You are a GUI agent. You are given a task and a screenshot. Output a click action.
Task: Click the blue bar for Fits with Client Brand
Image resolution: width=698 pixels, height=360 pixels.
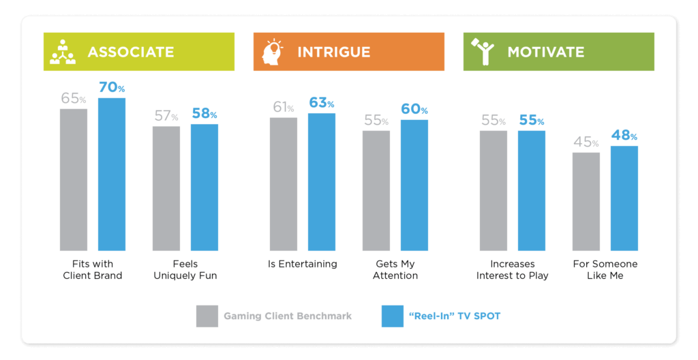click(x=112, y=175)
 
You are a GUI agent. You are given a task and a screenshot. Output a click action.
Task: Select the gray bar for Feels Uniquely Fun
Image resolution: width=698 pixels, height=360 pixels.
click(x=166, y=188)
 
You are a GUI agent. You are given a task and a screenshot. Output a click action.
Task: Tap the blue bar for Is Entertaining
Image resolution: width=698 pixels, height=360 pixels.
click(x=322, y=182)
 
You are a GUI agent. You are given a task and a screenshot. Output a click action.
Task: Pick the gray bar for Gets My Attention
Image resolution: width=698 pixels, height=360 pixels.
click(x=376, y=191)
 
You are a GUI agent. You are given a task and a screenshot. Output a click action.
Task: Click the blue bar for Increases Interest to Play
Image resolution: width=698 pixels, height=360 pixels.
click(x=532, y=191)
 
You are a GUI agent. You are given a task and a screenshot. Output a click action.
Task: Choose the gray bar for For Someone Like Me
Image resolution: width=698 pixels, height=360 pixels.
click(x=586, y=201)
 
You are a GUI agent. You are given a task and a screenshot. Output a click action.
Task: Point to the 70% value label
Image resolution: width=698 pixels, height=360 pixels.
click(x=112, y=87)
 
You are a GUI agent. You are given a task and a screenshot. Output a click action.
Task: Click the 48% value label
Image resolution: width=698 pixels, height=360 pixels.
click(x=624, y=135)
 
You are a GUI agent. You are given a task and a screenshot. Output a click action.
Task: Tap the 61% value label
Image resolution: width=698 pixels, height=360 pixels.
click(x=284, y=107)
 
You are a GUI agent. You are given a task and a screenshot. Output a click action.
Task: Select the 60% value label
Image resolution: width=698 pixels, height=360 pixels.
click(x=414, y=108)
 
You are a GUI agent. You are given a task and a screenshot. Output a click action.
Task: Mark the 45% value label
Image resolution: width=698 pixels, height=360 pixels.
click(x=586, y=142)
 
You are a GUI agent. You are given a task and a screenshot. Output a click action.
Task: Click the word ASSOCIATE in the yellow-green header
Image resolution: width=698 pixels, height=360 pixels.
click(x=131, y=52)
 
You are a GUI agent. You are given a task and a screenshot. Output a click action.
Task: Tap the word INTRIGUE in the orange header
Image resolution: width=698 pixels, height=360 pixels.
click(x=334, y=52)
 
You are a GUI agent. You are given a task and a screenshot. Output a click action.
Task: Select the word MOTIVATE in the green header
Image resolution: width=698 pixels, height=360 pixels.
click(x=546, y=52)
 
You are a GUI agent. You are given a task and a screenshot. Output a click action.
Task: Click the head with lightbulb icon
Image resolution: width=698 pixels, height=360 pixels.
click(x=273, y=52)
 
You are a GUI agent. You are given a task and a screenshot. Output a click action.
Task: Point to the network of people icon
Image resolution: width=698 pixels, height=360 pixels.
click(x=63, y=52)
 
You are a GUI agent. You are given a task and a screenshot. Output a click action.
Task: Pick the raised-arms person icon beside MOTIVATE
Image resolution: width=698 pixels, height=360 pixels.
click(x=483, y=52)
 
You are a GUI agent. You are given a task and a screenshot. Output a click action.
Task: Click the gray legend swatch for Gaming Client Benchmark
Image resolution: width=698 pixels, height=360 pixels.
click(x=207, y=316)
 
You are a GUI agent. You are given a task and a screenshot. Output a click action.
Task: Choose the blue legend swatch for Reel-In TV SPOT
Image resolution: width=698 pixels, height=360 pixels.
click(x=393, y=316)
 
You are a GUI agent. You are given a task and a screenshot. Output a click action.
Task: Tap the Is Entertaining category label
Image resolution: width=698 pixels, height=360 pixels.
click(x=303, y=264)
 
